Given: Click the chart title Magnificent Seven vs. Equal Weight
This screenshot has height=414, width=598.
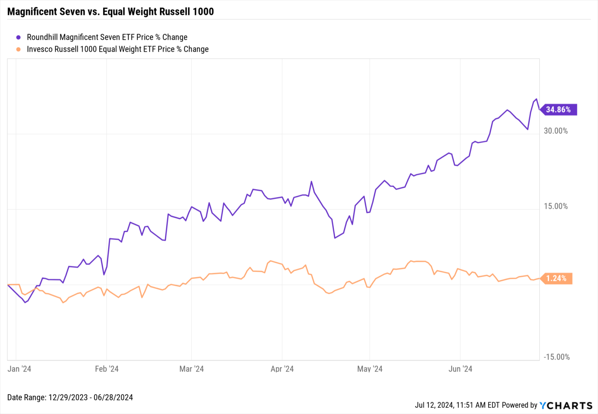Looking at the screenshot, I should coord(111,11).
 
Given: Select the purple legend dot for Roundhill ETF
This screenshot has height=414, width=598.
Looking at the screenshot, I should coord(18,37).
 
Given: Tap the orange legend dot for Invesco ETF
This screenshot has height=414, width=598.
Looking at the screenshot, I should coord(18,49).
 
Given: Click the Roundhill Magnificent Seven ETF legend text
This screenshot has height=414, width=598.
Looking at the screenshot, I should coord(107,37).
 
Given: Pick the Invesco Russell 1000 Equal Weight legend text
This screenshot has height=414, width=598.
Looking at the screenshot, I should coord(118,49).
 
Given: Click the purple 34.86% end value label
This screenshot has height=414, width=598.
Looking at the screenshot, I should coord(558,109).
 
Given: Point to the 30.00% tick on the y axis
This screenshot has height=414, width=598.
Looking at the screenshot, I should coord(556,131).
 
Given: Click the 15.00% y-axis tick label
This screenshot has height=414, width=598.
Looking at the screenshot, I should coord(556,206).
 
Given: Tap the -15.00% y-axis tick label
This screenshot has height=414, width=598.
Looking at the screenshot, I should coord(557,357).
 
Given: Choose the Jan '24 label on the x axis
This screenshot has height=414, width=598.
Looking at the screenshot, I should coord(19,369).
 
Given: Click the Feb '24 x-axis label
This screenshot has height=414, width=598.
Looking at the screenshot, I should coord(107,369).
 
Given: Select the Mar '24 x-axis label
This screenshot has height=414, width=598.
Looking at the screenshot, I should coord(192,369).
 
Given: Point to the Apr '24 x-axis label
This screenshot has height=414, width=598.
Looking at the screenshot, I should coord(282,369).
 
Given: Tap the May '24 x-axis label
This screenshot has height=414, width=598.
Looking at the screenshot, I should coord(370,369).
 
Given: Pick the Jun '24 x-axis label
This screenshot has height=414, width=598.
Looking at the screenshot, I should coord(460,369).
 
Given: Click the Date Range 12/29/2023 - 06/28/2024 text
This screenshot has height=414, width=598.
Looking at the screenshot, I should coord(70,398).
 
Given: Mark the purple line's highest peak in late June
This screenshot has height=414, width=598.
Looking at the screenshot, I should coord(536,99).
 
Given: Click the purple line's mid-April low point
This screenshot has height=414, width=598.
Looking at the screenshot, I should coord(335,238).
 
